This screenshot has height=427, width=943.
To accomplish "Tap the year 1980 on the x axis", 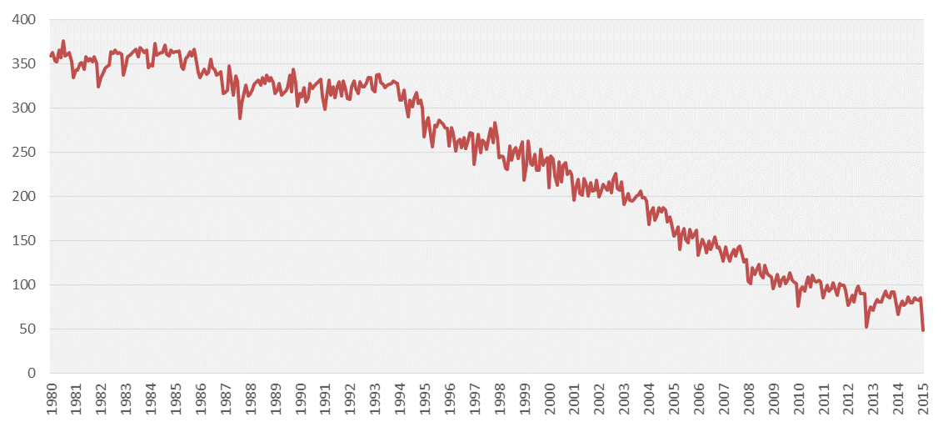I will coord(51,399).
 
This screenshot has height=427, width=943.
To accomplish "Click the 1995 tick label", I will coord(425,399).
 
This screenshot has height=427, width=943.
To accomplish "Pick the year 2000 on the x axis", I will coord(550,399).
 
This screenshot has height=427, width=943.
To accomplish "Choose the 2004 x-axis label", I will coord(650,399).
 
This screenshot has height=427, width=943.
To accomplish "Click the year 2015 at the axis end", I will coord(924,399).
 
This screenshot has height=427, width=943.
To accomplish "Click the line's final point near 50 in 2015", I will coord(923,330).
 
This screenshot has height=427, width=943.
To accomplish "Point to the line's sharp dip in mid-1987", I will coord(240,118).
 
